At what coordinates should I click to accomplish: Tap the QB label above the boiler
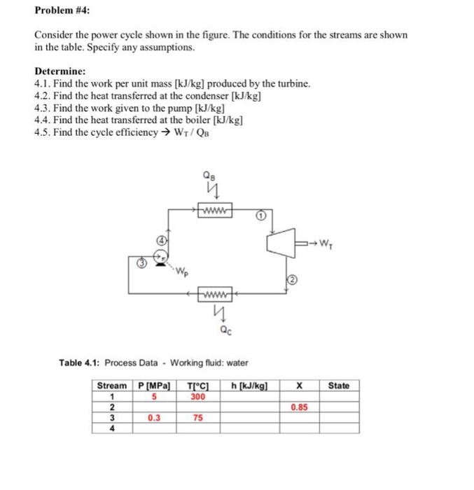click(x=209, y=175)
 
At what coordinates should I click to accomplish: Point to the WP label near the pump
click(x=181, y=269)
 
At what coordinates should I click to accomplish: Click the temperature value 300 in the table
click(x=197, y=396)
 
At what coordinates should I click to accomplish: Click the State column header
click(x=338, y=386)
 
